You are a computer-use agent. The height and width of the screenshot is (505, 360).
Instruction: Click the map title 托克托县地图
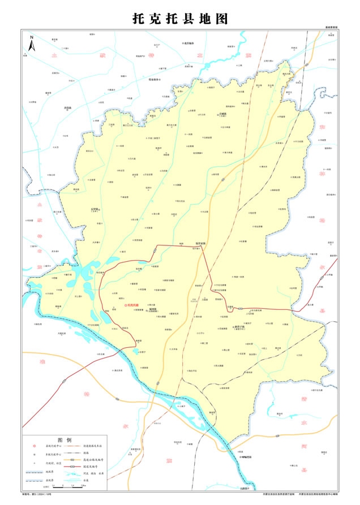[x=180, y=18]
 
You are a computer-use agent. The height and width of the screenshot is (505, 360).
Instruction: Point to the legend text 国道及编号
[x=106, y=470]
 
